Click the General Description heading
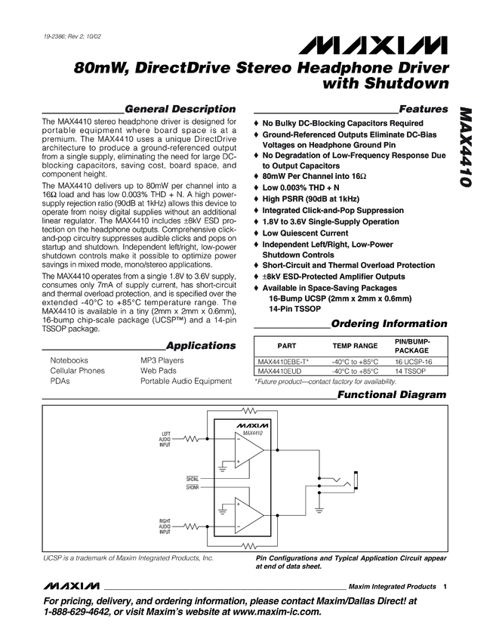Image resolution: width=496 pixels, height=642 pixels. click(180, 109)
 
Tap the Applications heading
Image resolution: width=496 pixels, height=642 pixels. click(201, 345)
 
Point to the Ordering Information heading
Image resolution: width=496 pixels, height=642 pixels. click(390, 324)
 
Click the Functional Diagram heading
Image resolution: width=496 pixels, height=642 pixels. click(392, 395)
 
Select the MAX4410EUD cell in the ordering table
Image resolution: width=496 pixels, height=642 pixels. click(279, 372)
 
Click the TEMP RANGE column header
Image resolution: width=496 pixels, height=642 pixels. click(355, 345)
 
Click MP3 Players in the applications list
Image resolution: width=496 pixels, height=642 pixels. click(162, 361)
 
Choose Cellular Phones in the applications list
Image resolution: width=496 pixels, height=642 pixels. click(77, 371)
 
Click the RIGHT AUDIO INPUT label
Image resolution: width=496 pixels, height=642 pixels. click(165, 526)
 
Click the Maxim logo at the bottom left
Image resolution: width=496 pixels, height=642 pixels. click(72, 586)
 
